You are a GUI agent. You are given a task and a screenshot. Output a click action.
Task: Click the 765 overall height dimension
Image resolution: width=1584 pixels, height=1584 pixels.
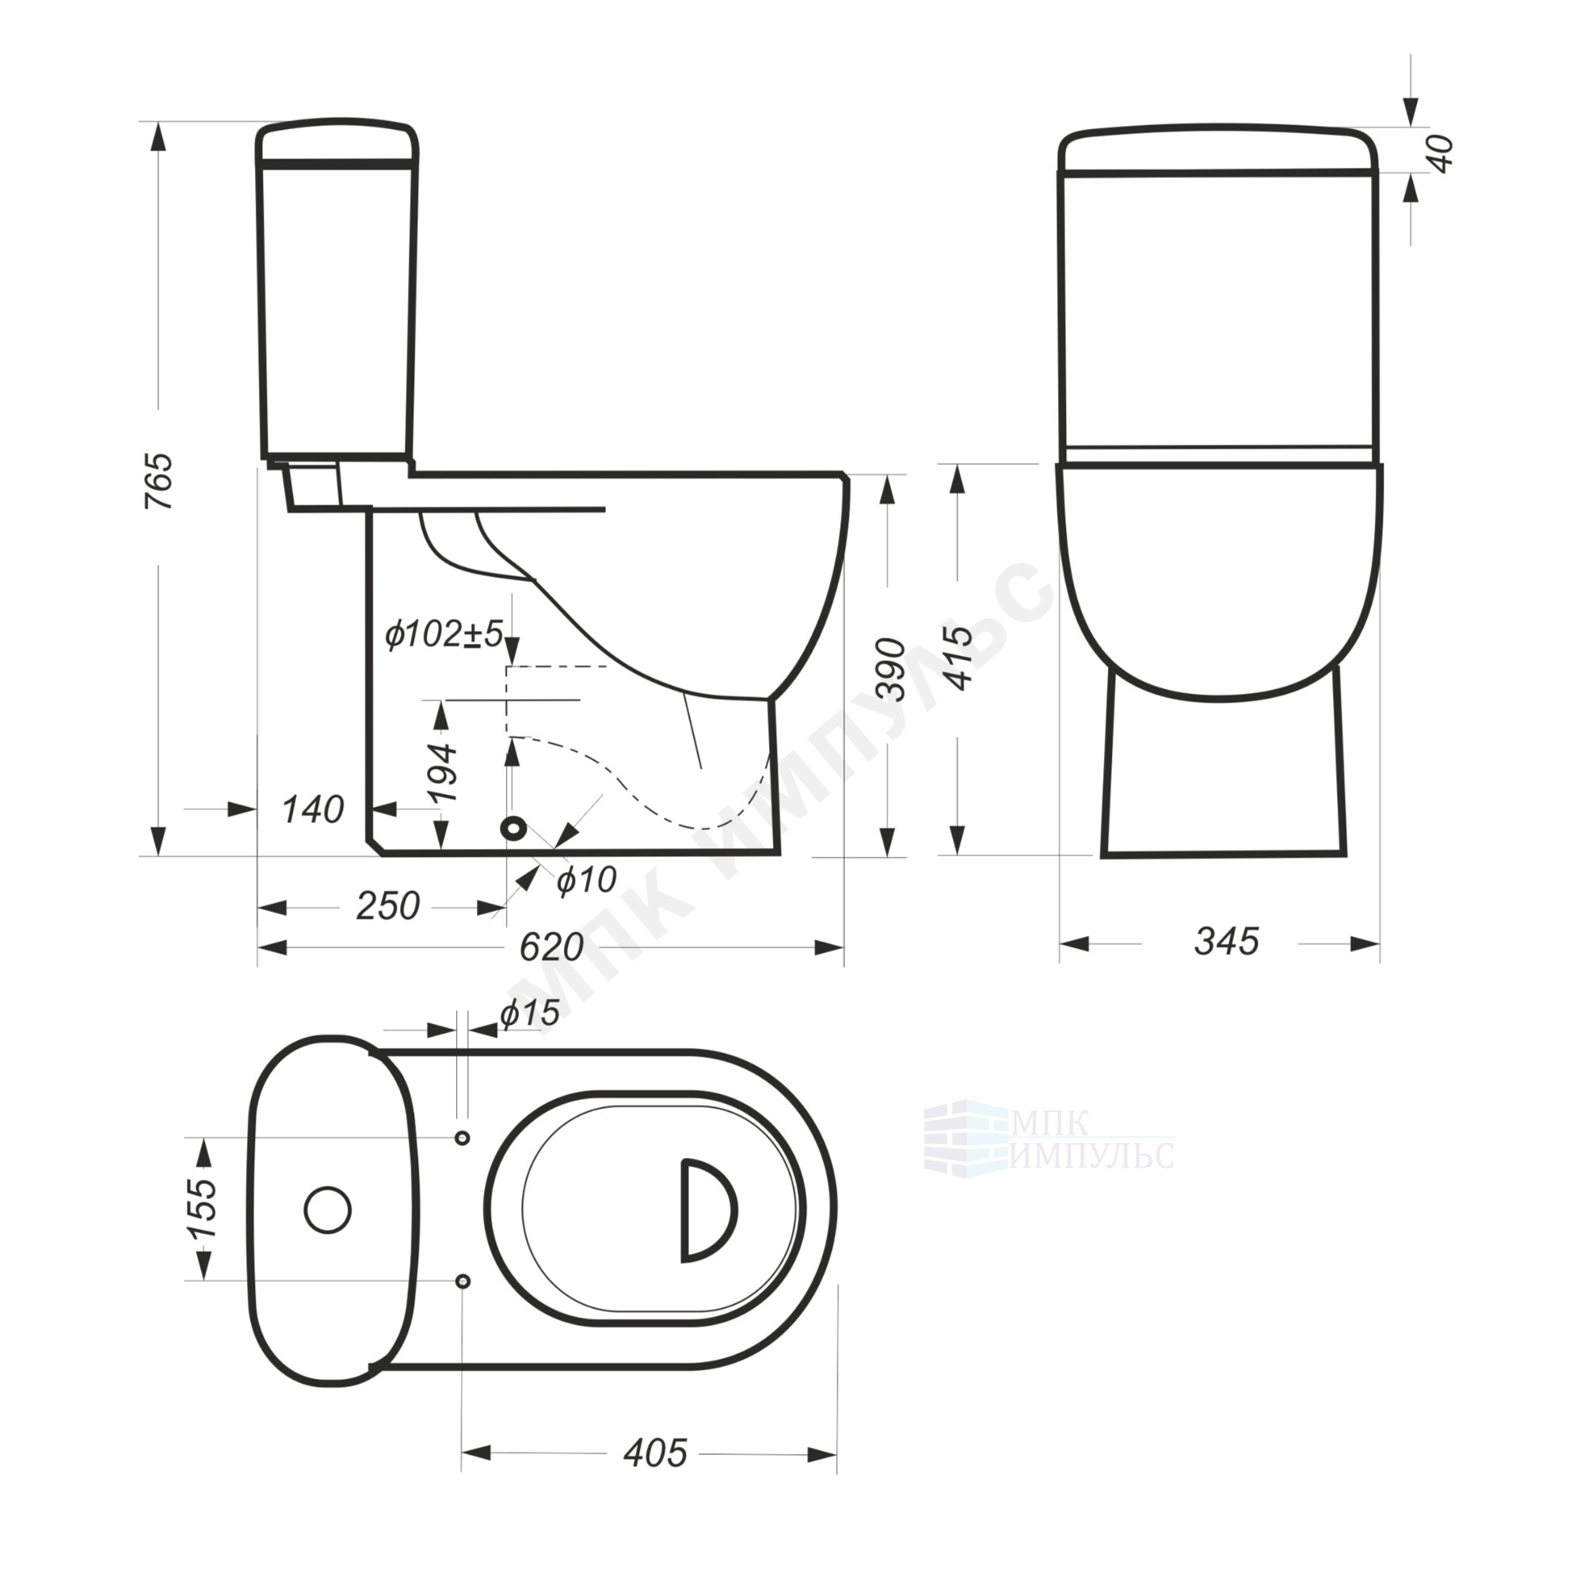(159, 481)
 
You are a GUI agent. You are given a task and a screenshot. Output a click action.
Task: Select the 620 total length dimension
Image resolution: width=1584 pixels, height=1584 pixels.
(552, 949)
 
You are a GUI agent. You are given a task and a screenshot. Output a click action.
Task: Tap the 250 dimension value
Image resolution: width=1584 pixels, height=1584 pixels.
(388, 906)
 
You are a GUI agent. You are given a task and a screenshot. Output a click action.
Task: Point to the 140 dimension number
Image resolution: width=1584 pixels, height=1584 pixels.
(312, 810)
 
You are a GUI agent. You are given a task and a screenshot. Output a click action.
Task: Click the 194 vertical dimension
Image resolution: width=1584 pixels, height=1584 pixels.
(443, 773)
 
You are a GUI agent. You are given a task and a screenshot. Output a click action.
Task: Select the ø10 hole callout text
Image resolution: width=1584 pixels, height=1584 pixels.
(586, 880)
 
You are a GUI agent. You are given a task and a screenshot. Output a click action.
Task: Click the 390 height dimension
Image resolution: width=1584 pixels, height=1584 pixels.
(891, 669)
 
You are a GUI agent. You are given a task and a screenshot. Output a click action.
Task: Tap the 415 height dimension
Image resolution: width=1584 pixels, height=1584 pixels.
(959, 657)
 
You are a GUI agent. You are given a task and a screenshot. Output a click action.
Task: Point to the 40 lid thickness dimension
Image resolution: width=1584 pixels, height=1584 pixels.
(1441, 153)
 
